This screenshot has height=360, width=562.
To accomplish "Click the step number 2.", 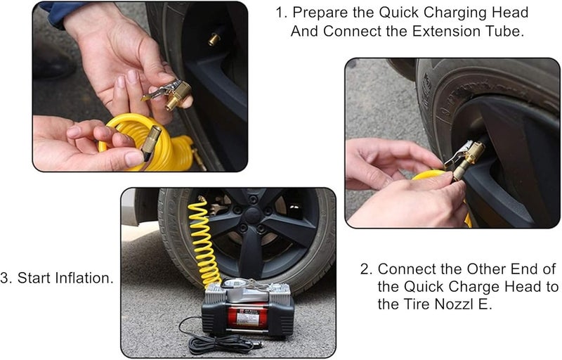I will pos(365,269).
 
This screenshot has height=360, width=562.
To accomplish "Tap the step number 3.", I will pos(6,278).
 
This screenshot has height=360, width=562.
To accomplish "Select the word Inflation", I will pos(84,278).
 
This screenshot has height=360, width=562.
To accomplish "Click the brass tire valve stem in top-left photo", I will pos(214,39).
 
